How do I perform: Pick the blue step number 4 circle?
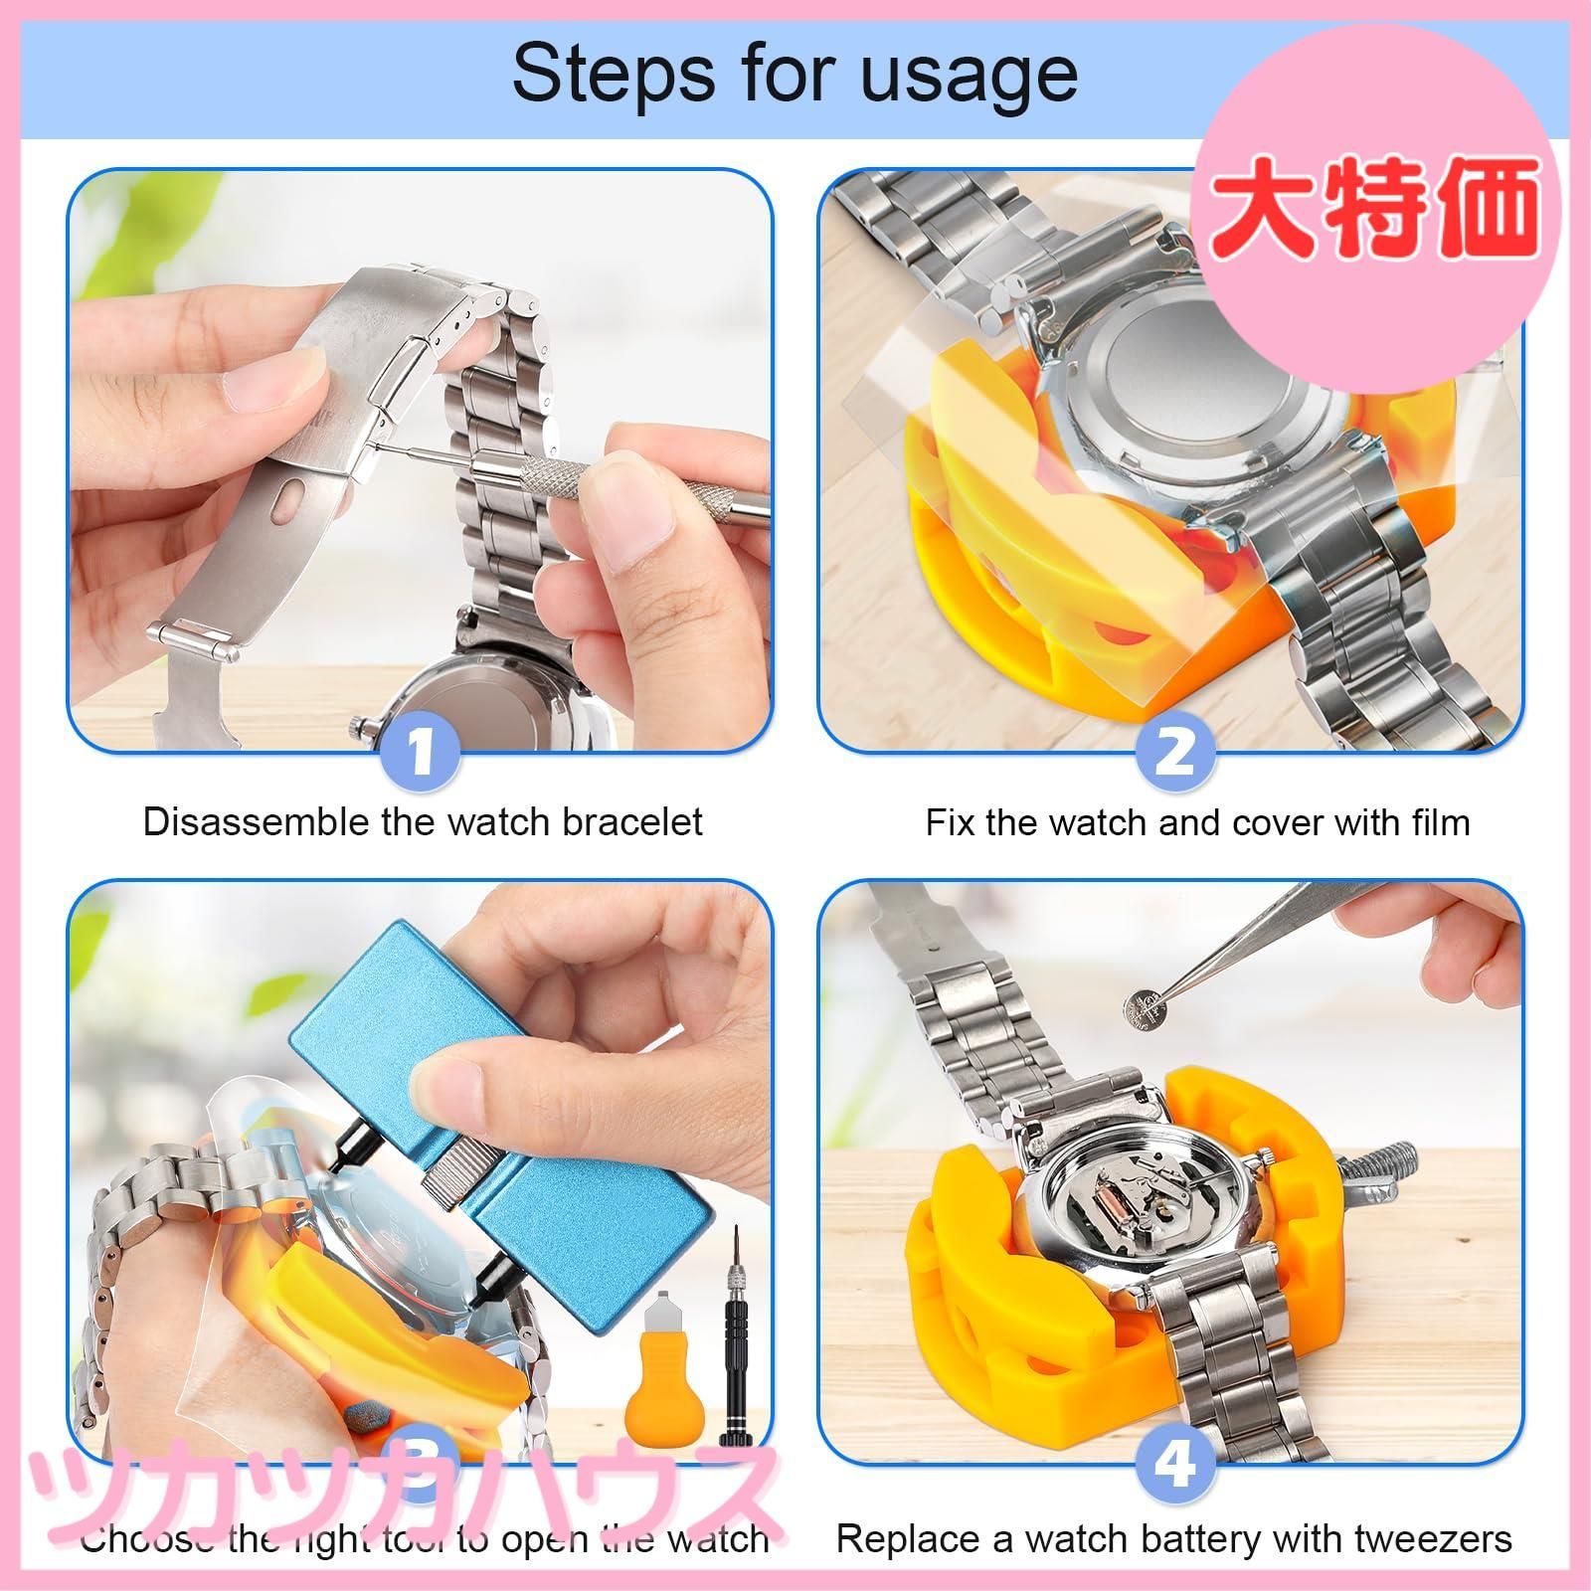[1174, 1464]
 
